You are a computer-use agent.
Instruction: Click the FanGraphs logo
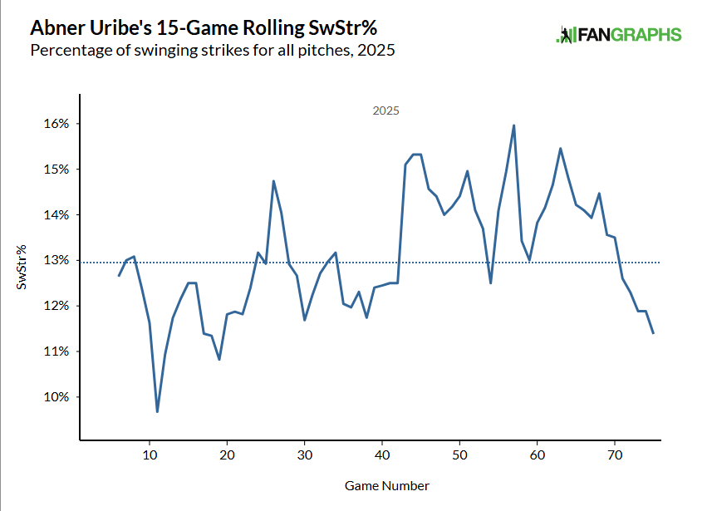618,35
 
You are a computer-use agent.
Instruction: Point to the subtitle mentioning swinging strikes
212,51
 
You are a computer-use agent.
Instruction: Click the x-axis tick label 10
150,455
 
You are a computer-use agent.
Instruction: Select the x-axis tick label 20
227,455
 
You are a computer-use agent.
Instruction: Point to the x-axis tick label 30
305,455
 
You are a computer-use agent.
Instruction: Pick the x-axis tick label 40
382,455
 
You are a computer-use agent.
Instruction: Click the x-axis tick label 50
459,455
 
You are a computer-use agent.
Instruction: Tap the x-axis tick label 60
538,455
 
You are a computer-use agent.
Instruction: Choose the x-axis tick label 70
615,455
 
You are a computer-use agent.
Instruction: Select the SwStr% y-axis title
22,267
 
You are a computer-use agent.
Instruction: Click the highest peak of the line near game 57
514,125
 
